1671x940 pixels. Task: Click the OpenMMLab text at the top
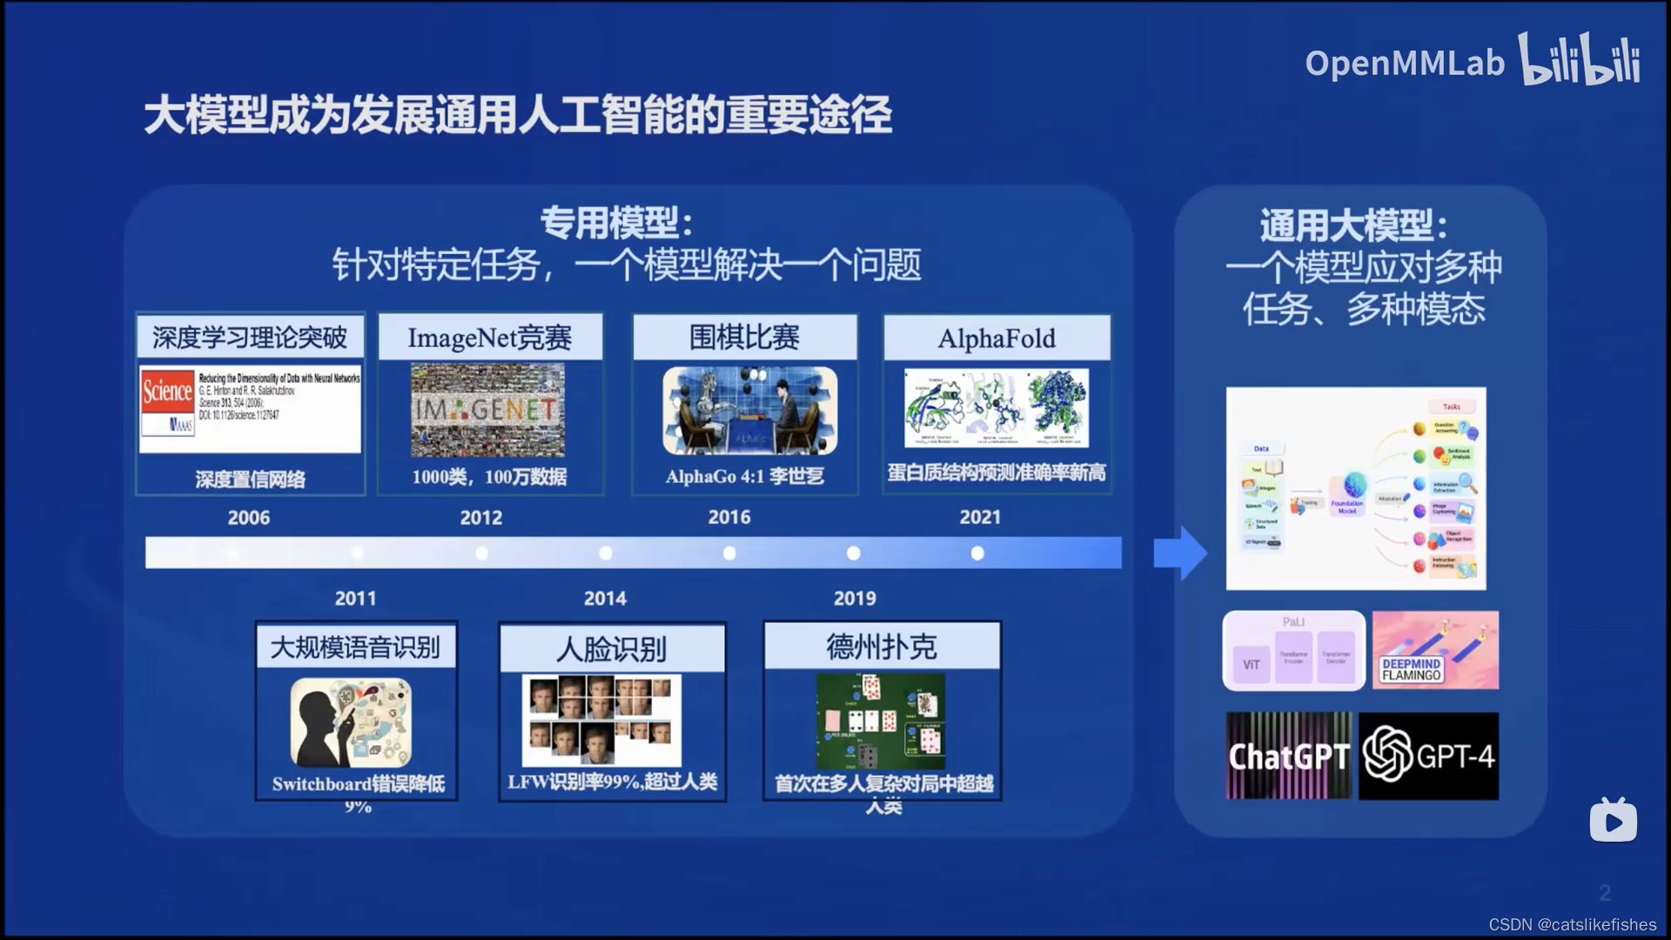(1404, 63)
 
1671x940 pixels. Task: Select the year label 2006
(249, 518)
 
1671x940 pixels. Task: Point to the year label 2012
(481, 518)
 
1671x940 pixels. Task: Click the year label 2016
(729, 517)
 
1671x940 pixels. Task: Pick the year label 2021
(980, 517)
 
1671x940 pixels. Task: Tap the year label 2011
(356, 599)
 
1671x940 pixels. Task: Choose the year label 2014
(605, 599)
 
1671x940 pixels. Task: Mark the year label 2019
(855, 599)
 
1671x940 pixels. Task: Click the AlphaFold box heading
(997, 339)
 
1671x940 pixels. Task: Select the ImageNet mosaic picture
(487, 410)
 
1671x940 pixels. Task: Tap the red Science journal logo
(167, 392)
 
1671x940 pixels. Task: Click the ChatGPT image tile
(1289, 756)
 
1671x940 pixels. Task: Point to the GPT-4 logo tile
(1428, 756)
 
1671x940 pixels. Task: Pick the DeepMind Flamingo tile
(1435, 650)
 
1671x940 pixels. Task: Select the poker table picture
(881, 721)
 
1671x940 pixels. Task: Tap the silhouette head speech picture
(351, 722)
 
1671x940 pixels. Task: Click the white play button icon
(1613, 821)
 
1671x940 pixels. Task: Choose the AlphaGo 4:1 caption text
(744, 476)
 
